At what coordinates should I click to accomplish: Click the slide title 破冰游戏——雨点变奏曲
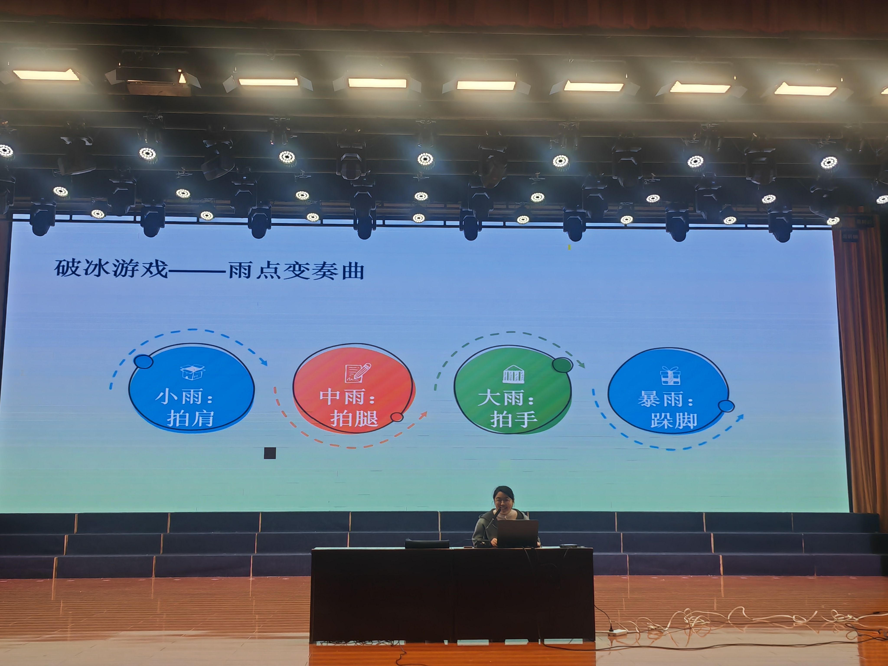[209, 269]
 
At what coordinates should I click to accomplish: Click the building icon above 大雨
[513, 374]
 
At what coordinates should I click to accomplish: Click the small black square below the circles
[270, 453]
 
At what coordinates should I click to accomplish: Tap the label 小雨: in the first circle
[184, 397]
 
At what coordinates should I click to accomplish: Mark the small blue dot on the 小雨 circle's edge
[143, 362]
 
